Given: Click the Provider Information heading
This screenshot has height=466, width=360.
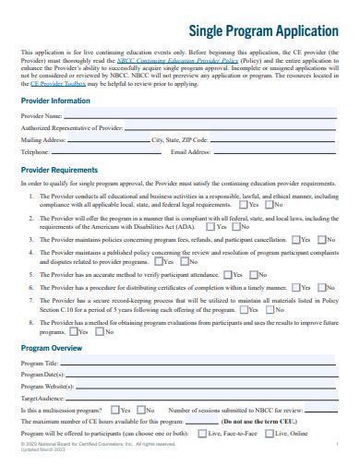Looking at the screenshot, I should tap(55, 100).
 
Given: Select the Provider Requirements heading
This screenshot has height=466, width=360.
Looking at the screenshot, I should tap(61, 171).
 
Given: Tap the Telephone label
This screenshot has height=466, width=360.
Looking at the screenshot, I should tap(35, 151).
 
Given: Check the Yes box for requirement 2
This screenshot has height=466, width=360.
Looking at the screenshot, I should tap(212, 225).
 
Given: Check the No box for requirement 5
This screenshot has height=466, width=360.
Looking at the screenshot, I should tap(253, 274).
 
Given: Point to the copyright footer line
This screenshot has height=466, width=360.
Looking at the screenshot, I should tap(83, 446).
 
